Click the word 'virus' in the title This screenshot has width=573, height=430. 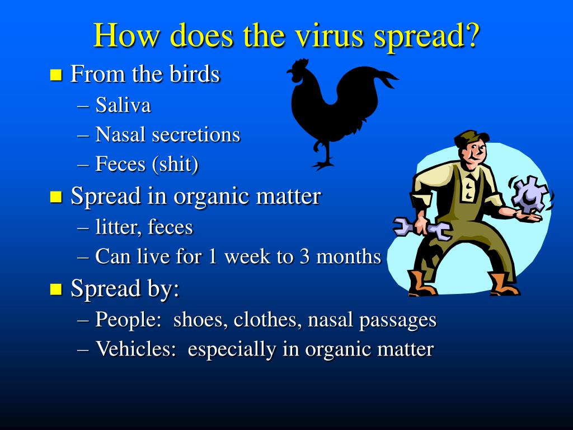328,35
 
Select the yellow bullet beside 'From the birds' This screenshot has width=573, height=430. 56,74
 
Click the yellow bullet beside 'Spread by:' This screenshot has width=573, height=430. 56,289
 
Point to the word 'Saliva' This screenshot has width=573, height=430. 123,105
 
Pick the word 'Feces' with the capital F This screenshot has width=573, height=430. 120,163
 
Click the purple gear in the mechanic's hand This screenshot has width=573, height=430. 530,194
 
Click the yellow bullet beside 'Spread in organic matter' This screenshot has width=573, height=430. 56,197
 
